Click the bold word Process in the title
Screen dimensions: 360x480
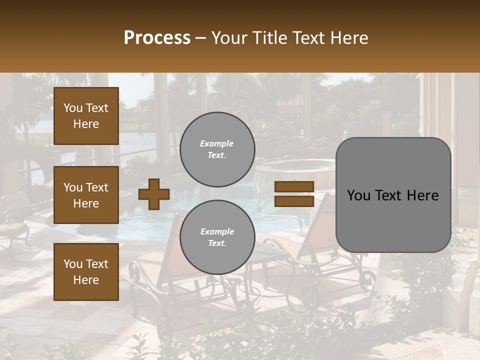(157, 38)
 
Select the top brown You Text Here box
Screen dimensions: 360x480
(86, 116)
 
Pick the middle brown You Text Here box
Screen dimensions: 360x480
(86, 195)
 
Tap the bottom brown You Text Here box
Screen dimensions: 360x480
(86, 272)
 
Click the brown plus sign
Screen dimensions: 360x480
(154, 194)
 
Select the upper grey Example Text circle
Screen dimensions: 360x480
(217, 149)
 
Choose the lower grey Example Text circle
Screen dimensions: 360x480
(217, 237)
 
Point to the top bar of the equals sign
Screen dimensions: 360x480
(294, 186)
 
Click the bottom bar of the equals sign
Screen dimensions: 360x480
(294, 201)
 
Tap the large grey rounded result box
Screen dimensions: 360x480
(393, 195)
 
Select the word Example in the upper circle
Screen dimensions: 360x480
(216, 143)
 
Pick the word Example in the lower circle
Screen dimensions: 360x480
(217, 231)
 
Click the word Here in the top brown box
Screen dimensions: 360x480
(86, 124)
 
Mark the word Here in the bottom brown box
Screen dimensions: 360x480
(86, 280)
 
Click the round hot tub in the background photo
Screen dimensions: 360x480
(295, 168)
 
